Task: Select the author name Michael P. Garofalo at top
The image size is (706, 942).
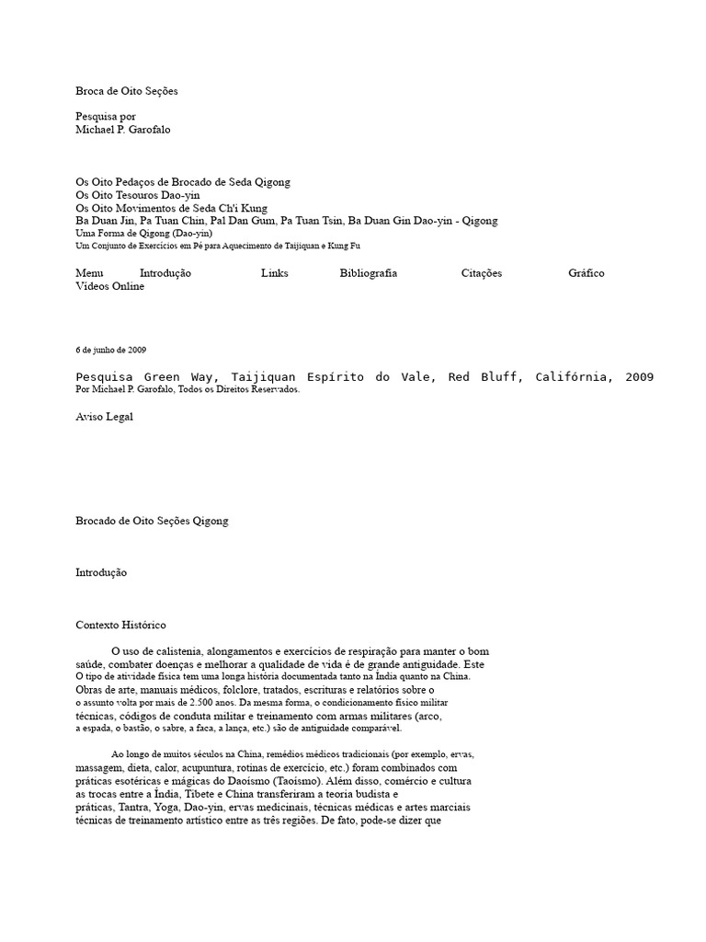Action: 122,130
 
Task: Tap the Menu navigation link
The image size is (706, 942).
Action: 89,273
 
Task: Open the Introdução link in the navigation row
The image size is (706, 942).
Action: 165,273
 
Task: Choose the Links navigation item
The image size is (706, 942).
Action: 274,273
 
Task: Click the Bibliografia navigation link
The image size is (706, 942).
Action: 368,273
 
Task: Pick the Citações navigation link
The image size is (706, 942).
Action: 481,273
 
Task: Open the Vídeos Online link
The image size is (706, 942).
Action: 109,286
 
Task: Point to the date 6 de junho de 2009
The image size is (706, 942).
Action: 110,350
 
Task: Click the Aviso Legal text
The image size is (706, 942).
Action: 104,417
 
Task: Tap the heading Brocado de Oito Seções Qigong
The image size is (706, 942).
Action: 152,521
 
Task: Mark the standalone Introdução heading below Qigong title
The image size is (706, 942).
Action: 101,572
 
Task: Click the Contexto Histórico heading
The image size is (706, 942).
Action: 120,625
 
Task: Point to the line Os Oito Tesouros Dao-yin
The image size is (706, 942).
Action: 137,195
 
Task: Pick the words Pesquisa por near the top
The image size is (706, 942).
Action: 105,117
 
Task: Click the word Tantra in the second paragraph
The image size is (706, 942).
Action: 134,807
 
